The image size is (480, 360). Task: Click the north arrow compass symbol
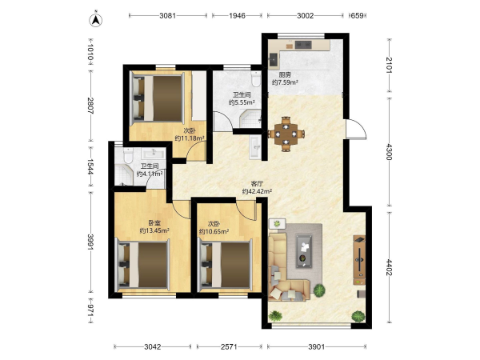point(96,19)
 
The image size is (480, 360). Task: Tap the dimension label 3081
point(168,15)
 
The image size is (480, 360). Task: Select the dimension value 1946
point(238,15)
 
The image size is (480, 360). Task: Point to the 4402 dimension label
point(389,267)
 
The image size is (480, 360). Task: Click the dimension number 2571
point(229,346)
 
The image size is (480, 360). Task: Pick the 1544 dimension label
point(90,166)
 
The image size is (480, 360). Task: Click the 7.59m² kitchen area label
point(285,82)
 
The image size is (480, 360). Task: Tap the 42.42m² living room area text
point(257,192)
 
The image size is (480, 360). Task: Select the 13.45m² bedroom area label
point(154,231)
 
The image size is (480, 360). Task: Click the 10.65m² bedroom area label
point(214,231)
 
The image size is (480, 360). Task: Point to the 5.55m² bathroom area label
point(242,102)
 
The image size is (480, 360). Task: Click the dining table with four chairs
point(286,134)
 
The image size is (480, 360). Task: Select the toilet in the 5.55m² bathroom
point(255,79)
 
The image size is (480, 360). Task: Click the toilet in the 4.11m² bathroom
point(128,155)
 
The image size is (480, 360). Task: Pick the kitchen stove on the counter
point(303,45)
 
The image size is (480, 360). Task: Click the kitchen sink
point(274,60)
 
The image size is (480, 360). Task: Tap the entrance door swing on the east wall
point(356,129)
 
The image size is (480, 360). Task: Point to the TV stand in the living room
point(359,260)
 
